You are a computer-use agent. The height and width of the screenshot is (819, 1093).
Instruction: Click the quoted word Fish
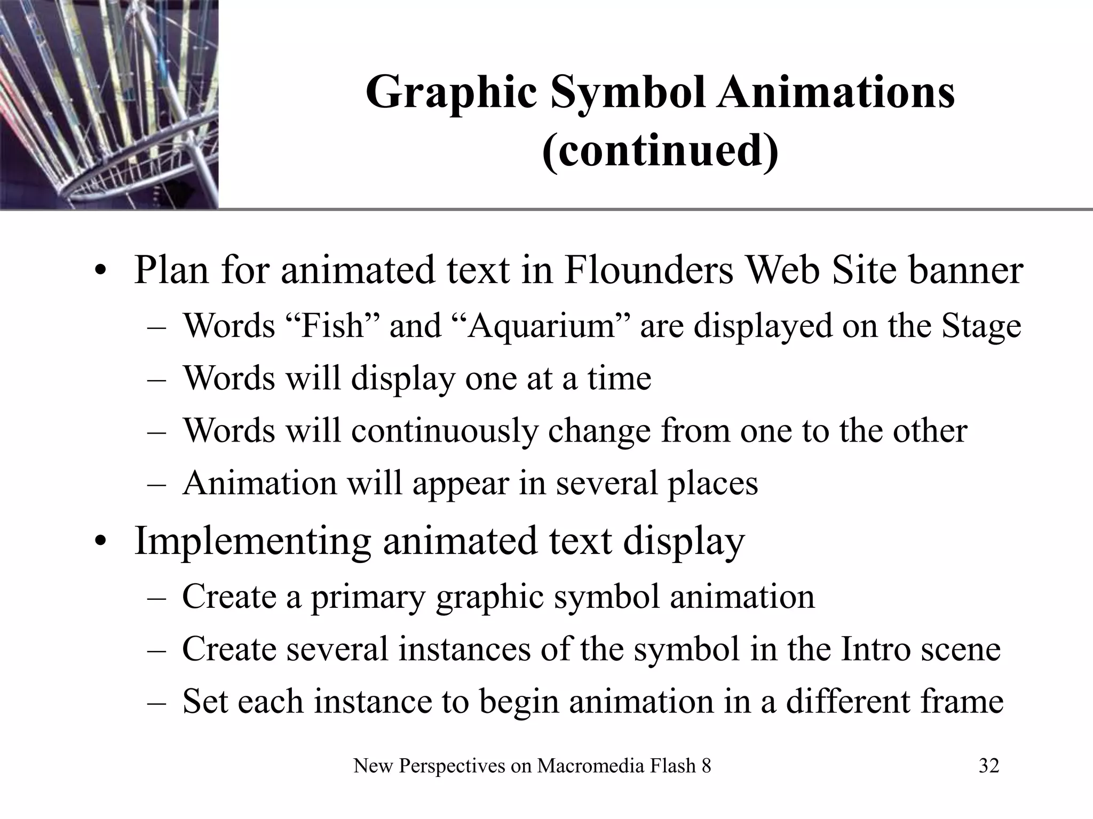(332, 325)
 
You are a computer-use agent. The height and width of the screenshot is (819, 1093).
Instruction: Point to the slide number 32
(989, 766)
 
